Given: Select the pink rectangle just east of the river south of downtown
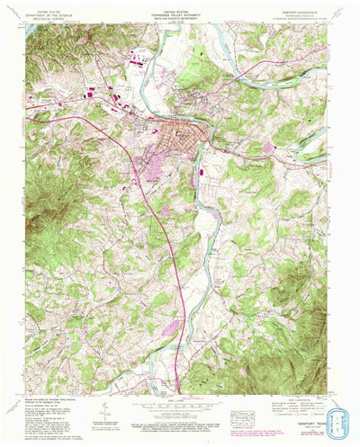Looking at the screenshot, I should (x=199, y=168).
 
